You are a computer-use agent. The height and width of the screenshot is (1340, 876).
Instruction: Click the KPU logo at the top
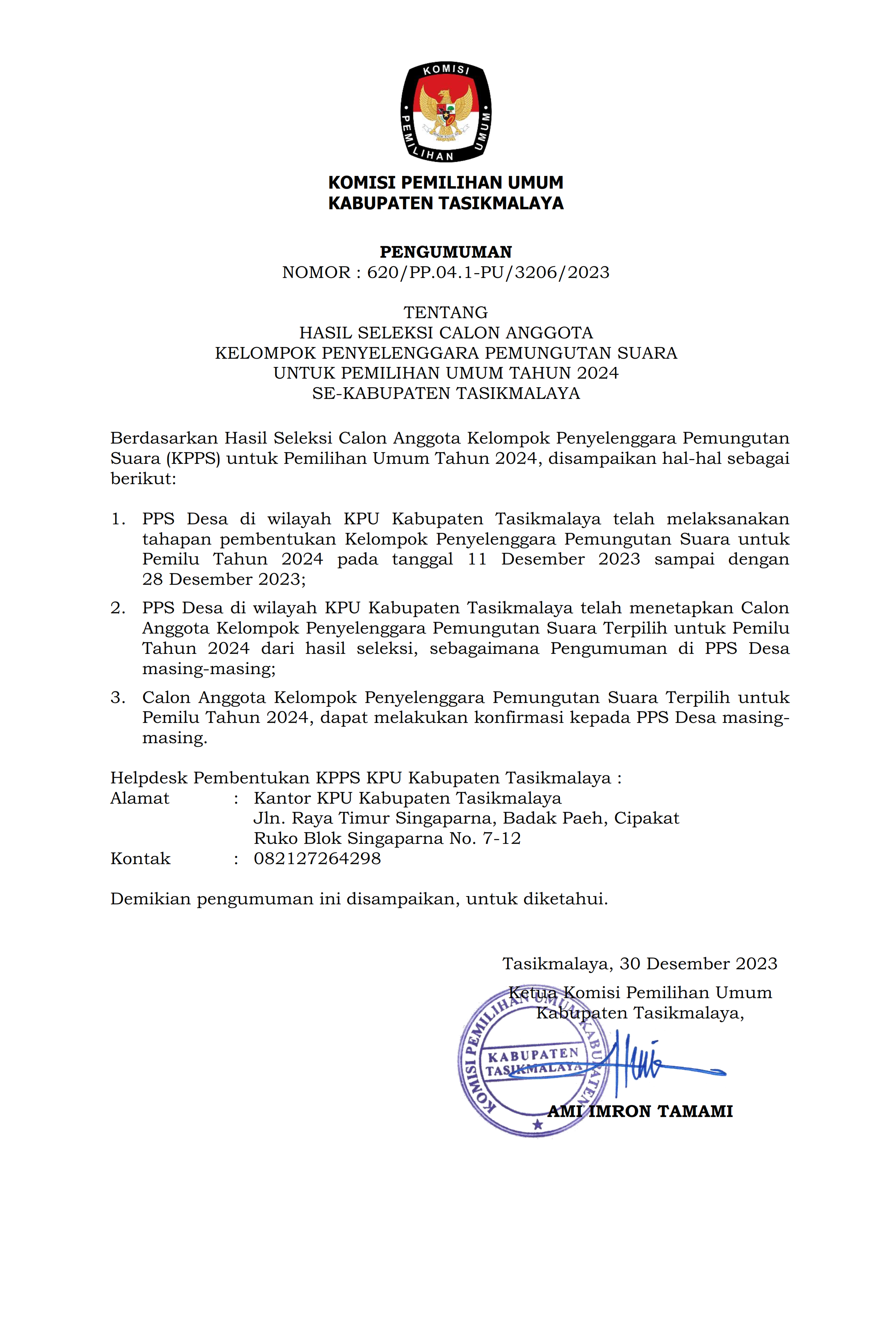click(445, 111)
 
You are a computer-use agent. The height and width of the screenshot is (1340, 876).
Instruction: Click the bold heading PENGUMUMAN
click(445, 252)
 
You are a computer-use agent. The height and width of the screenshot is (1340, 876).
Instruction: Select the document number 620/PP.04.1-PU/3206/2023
click(487, 272)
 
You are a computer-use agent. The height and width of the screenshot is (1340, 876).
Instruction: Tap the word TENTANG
click(445, 312)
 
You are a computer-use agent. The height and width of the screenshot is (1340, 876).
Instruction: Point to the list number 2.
click(118, 608)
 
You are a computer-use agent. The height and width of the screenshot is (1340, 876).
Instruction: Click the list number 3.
click(118, 697)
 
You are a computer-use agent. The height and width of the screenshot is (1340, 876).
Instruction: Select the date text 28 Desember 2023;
click(224, 579)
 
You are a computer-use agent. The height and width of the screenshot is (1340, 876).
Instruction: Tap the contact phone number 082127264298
click(317, 859)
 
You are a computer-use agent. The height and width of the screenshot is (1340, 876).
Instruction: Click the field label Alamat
click(139, 799)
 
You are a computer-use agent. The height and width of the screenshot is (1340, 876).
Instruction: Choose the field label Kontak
click(140, 859)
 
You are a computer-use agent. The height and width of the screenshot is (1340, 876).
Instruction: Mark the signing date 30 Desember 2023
click(698, 963)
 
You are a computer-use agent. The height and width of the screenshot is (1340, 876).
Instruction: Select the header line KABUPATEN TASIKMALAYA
click(445, 203)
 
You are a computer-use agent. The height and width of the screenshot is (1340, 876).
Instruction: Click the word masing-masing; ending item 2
click(208, 669)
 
